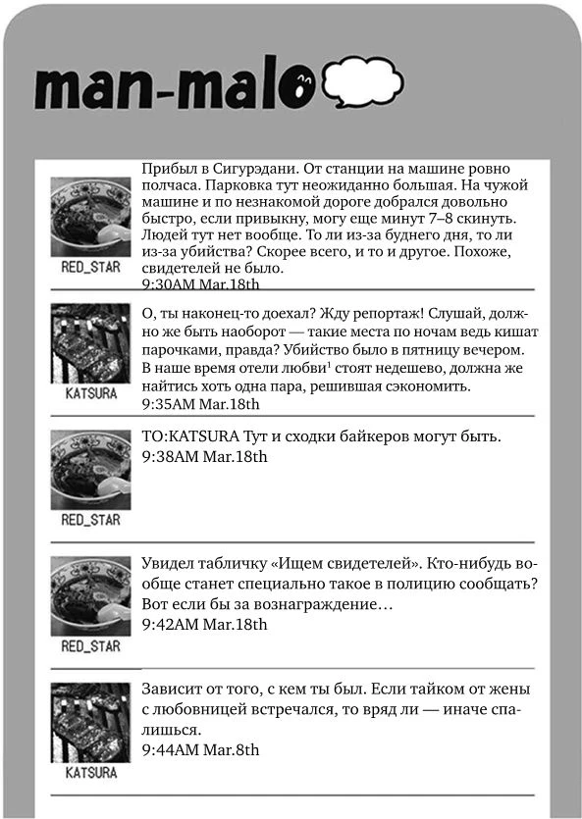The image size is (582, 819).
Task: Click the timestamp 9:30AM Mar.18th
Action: click(200, 284)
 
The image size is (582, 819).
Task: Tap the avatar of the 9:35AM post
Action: click(90, 342)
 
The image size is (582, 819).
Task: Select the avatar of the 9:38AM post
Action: click(90, 469)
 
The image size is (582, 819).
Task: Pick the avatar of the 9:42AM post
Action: click(90, 595)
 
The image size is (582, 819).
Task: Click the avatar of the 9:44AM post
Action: click(90, 722)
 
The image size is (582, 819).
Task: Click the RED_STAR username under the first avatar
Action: click(90, 267)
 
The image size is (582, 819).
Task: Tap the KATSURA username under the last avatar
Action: click(90, 772)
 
